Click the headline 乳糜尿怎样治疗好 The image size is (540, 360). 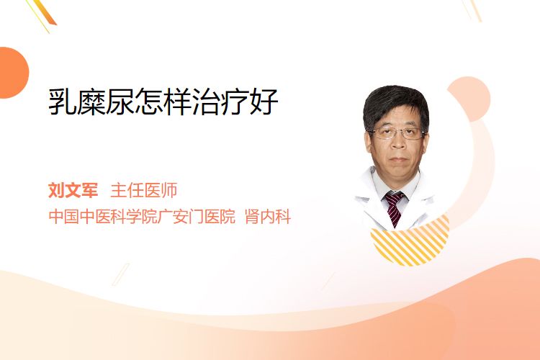point(163,102)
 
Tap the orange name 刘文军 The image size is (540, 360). point(73,190)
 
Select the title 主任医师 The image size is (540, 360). point(143,190)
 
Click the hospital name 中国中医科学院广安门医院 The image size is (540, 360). point(142,216)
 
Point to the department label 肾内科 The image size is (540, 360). point(268,216)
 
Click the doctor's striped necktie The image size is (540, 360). point(394,208)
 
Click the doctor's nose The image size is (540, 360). point(398,143)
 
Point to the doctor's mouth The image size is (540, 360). point(398,160)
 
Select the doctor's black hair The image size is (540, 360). point(396,102)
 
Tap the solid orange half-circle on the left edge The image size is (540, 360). point(13,73)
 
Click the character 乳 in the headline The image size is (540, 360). point(62,102)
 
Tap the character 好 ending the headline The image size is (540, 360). point(264,102)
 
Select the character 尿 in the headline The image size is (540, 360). point(120,102)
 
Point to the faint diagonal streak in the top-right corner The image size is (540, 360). point(472,10)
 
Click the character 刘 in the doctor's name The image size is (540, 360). point(56,190)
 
